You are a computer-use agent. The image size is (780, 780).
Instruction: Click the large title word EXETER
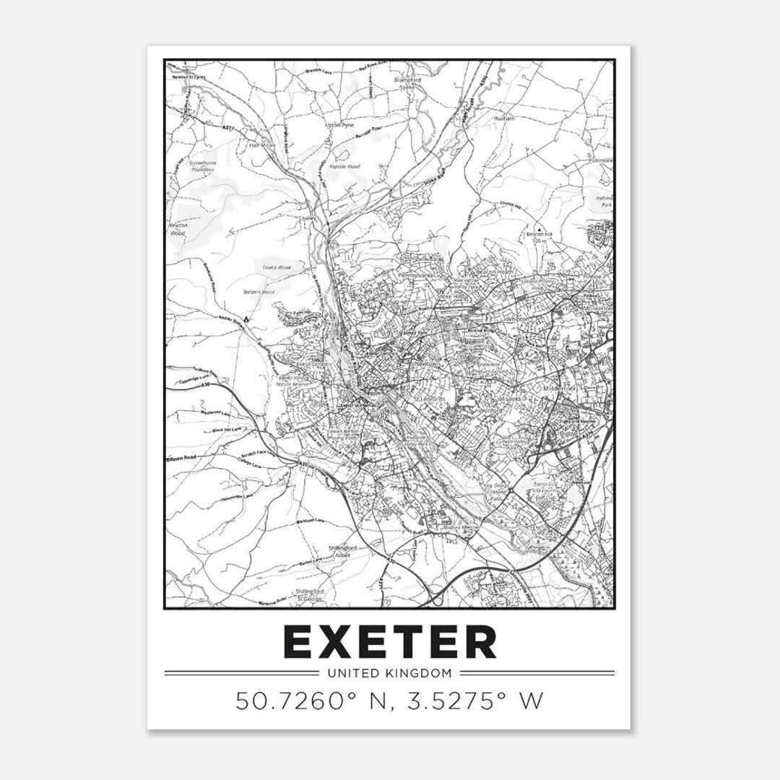tap(390, 641)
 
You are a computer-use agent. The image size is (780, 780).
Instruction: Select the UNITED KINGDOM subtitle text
tap(390, 674)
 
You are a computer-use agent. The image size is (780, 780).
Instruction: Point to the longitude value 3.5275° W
tap(477, 700)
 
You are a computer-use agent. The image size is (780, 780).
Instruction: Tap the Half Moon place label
tap(262, 145)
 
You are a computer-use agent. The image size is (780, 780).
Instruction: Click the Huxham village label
tap(503, 118)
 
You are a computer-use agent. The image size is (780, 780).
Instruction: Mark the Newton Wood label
tap(178, 229)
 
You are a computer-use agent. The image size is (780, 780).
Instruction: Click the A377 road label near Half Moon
tap(230, 128)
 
